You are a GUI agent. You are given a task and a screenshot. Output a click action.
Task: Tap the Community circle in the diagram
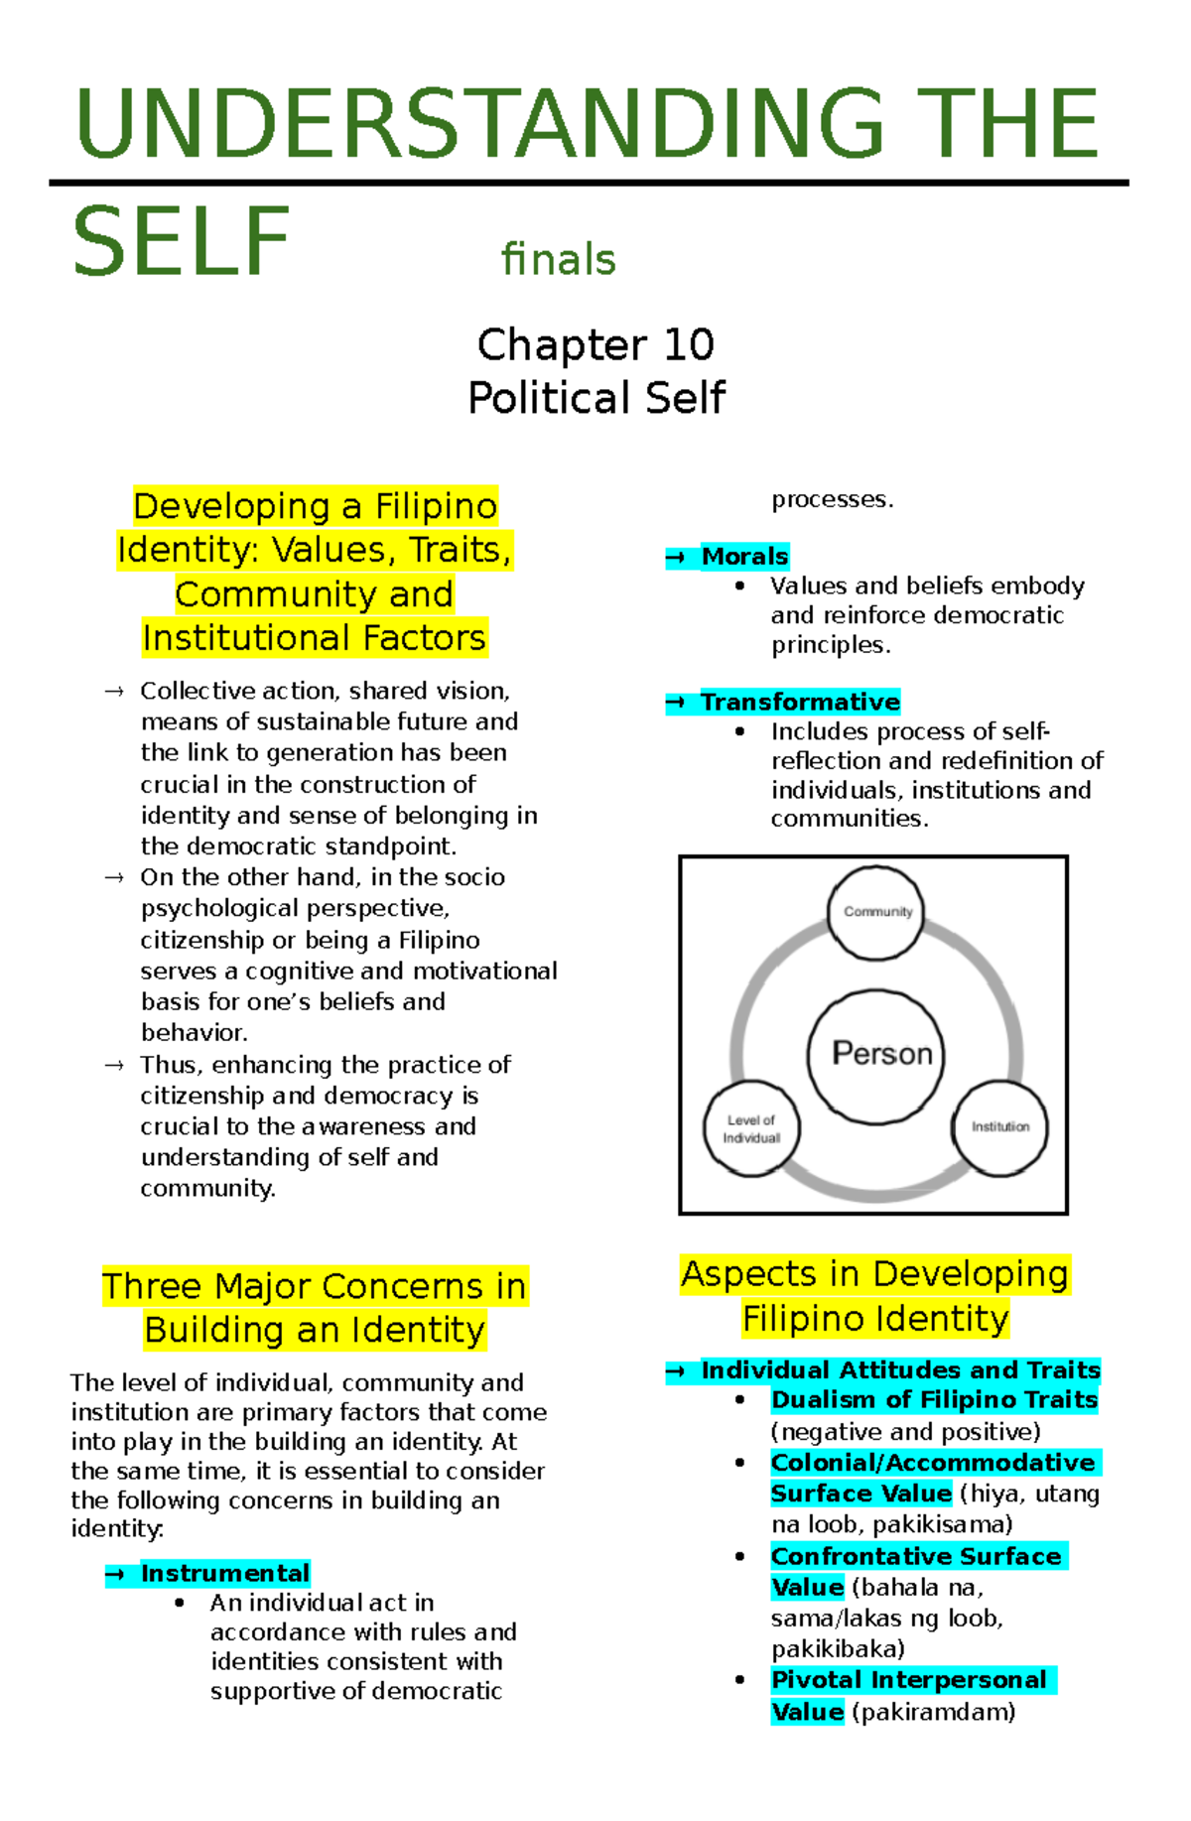875,912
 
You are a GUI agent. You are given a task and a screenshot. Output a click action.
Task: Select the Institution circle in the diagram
999,1127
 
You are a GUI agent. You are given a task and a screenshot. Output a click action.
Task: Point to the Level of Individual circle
751,1128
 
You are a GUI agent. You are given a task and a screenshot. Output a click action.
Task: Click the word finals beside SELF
559,260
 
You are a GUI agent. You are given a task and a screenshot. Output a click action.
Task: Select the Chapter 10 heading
595,345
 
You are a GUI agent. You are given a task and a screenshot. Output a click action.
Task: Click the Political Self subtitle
595,398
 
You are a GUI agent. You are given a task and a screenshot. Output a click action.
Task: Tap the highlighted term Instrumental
225,1573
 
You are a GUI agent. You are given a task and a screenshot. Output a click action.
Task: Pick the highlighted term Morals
744,557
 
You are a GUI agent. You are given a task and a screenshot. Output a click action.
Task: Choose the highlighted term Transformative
800,703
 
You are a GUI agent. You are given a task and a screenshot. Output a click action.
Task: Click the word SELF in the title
181,243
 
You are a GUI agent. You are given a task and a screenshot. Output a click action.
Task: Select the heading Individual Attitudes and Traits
900,1370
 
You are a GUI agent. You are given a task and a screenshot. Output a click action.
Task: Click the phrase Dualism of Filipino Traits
934,1400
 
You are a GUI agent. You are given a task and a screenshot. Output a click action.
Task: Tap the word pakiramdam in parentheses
934,1712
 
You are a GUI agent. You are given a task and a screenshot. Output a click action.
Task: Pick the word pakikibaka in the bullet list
836,1649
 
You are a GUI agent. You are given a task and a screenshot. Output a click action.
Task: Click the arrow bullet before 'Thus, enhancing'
114,1066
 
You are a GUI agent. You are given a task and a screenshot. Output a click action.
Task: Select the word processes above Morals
831,500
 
